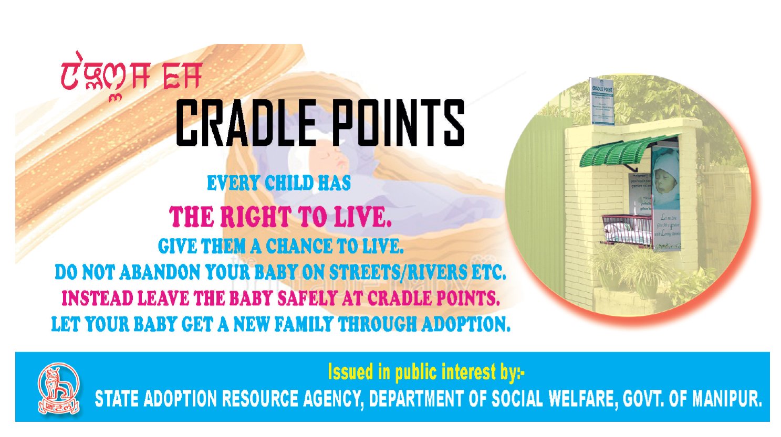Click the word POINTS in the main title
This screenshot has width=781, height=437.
click(397, 123)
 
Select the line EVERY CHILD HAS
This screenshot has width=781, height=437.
click(278, 183)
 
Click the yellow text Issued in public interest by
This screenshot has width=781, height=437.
click(426, 372)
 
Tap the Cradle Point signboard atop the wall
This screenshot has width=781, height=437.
click(602, 101)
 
